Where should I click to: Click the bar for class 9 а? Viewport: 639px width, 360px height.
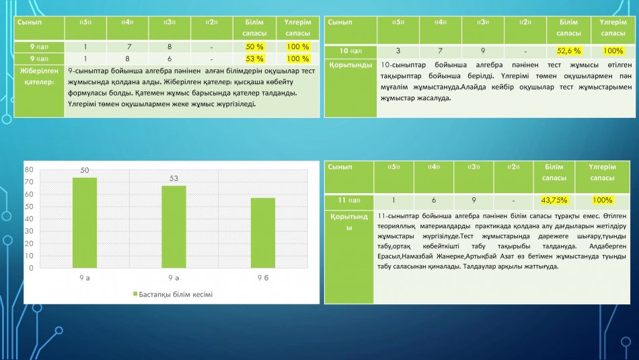coord(85,223)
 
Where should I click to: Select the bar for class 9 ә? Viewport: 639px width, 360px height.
coord(174,227)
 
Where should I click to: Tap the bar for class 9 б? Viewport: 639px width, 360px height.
coord(263,233)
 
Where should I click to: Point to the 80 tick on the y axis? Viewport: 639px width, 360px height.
coord(29,170)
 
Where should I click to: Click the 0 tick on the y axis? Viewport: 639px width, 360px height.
coord(31,268)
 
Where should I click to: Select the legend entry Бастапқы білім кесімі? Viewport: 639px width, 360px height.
coord(173,294)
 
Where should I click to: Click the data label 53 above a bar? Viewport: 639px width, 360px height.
coord(174,178)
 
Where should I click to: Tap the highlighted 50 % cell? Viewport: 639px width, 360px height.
coord(255,47)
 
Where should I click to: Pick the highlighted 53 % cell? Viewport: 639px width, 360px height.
coord(255,59)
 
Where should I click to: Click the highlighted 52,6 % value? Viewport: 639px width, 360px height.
coord(568,51)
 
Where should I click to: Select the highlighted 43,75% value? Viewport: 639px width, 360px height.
coord(554,200)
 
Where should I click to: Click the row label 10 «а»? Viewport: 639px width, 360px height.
coord(350,51)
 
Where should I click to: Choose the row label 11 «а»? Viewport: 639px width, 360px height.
coord(349,200)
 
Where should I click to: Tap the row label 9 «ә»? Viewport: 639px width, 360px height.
coord(39,59)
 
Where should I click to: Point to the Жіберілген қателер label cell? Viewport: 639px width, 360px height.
coord(39,76)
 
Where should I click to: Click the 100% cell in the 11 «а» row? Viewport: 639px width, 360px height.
coord(602,200)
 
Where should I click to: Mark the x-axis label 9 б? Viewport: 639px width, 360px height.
coord(263,278)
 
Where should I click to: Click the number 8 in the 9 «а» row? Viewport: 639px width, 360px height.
coord(170,47)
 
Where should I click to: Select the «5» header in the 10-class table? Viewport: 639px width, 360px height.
coord(398,22)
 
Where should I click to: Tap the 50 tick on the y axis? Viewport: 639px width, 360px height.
coord(29,207)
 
